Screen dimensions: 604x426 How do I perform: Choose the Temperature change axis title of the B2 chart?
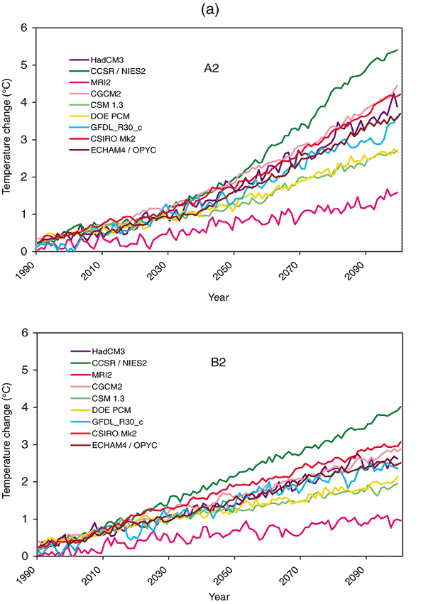(7, 444)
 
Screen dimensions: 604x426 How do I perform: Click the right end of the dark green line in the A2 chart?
(397, 50)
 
